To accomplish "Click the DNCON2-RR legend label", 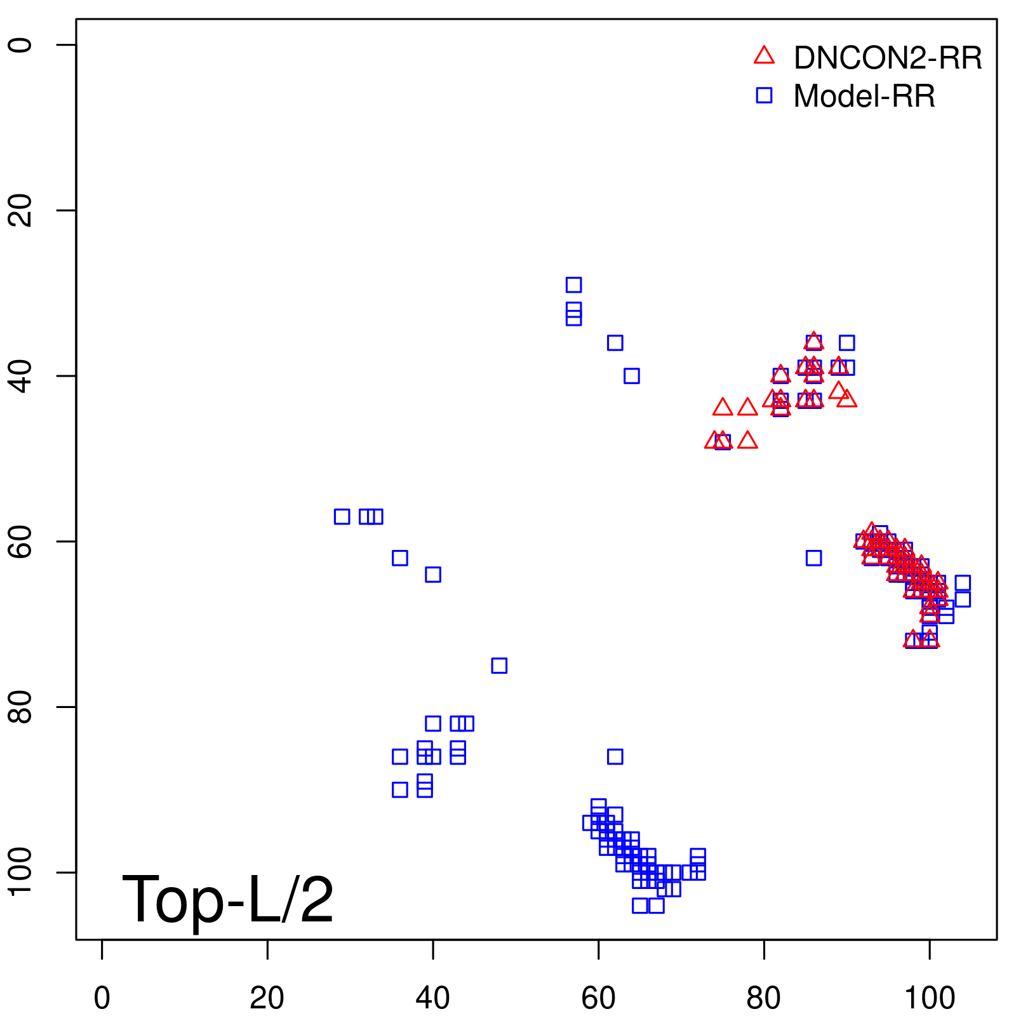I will click(887, 58).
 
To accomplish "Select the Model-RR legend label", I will click(864, 97).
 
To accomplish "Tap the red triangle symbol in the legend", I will click(764, 56).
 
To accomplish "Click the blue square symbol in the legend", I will click(764, 96).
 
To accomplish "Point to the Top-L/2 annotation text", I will click(227, 900).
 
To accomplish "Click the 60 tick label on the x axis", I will click(598, 998).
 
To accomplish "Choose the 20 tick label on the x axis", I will click(267, 998).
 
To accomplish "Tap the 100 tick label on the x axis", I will click(929, 998).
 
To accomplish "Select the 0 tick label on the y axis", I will click(20, 44).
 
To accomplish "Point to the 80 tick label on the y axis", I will click(20, 707).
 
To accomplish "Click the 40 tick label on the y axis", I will click(20, 376).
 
